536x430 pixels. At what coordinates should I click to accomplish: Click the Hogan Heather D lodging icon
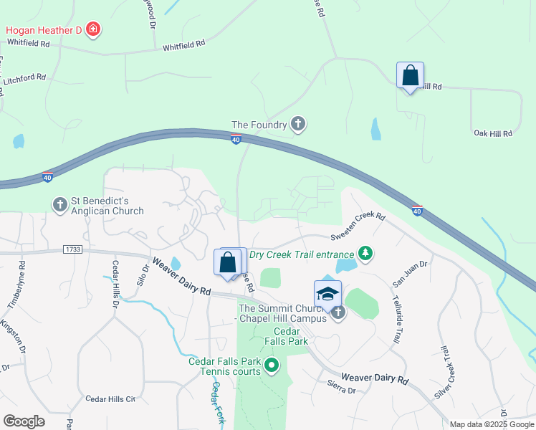(92, 29)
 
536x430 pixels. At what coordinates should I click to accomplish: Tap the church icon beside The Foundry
(298, 125)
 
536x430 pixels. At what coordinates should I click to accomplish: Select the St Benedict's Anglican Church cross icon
(60, 205)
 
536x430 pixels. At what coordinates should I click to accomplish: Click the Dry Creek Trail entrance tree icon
(366, 254)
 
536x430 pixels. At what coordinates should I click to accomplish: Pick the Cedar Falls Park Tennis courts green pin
(271, 367)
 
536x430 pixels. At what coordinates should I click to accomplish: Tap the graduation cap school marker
(327, 294)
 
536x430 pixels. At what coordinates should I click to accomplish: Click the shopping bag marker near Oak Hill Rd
(410, 76)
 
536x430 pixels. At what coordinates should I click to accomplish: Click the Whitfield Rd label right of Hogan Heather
(184, 44)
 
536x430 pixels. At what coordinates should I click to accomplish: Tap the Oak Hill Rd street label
(493, 133)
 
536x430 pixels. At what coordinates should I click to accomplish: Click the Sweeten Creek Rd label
(358, 226)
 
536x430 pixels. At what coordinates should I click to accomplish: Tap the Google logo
(24, 421)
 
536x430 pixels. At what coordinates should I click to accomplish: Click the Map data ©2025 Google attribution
(492, 424)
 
